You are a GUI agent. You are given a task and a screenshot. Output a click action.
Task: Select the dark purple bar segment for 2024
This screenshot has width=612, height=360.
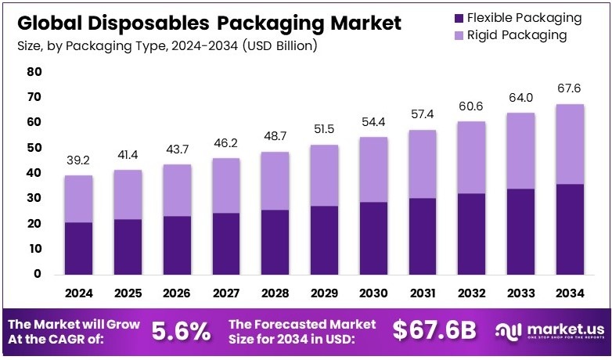78,248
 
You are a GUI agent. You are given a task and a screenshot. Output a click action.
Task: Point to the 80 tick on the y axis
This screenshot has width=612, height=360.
34,72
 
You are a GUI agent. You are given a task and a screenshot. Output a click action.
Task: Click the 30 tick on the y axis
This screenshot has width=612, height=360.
34,198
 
